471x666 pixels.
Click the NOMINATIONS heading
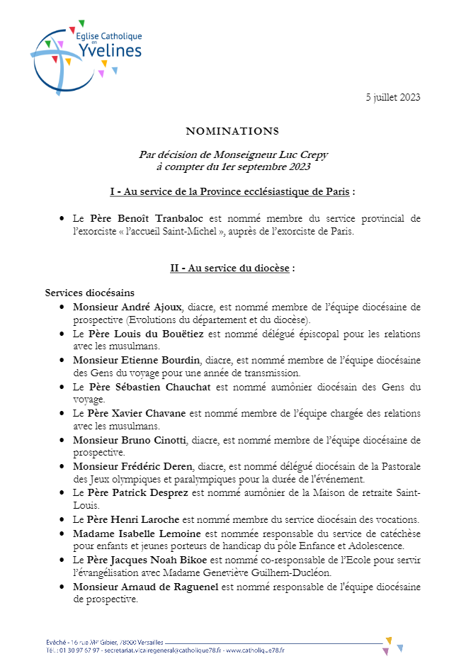[232, 131]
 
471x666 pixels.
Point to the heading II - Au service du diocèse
[232, 268]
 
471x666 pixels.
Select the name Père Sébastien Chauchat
[151, 387]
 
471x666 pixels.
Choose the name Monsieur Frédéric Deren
[132, 466]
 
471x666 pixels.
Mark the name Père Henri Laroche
[132, 519]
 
